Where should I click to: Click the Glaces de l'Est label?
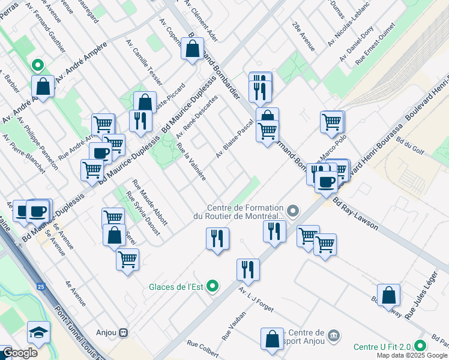[x=176, y=287]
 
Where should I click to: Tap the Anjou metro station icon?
[x=124, y=332]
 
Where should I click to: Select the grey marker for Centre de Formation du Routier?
[x=293, y=211]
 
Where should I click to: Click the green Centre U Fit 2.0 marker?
[x=420, y=346]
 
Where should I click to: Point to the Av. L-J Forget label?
[x=256, y=300]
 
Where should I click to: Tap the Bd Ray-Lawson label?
[x=356, y=214]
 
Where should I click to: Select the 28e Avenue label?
[x=303, y=35]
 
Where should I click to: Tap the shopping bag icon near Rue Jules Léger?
[x=389, y=295]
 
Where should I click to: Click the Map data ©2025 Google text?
[x=412, y=355]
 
